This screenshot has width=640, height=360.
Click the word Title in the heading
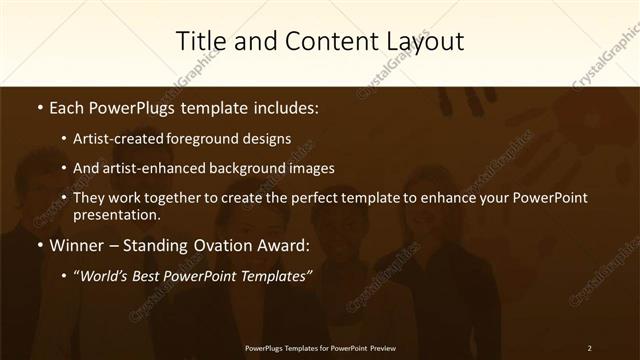(200, 42)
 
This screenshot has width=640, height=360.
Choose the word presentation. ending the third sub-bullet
(117, 214)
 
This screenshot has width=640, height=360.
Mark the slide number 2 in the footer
(589, 347)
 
